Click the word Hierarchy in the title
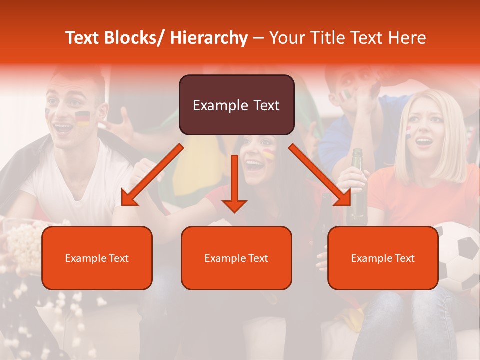208,38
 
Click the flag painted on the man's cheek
82,118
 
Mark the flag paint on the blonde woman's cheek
408,131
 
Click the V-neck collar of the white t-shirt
75,192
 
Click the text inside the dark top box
236,105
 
